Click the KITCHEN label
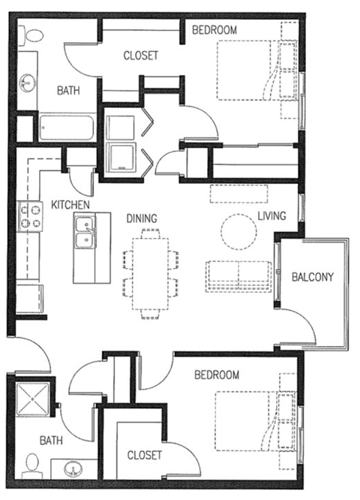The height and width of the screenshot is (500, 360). coord(70,204)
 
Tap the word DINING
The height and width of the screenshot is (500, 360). coord(141,218)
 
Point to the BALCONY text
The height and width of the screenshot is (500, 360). coord(312,276)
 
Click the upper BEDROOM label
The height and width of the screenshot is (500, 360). coord(214,30)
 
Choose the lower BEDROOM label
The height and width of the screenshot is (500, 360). coord(217,375)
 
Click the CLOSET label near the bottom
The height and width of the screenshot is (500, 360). coord(145,454)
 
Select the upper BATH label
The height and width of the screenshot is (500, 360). coord(70,90)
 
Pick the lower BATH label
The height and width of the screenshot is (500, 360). coord(52,441)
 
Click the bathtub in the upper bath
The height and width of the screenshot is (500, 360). coord(65,128)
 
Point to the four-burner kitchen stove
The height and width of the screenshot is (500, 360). coord(30,217)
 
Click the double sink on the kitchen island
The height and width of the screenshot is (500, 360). coord(85,233)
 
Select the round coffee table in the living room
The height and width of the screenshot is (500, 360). coord(238,230)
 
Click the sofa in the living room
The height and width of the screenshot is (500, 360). coord(238,275)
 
